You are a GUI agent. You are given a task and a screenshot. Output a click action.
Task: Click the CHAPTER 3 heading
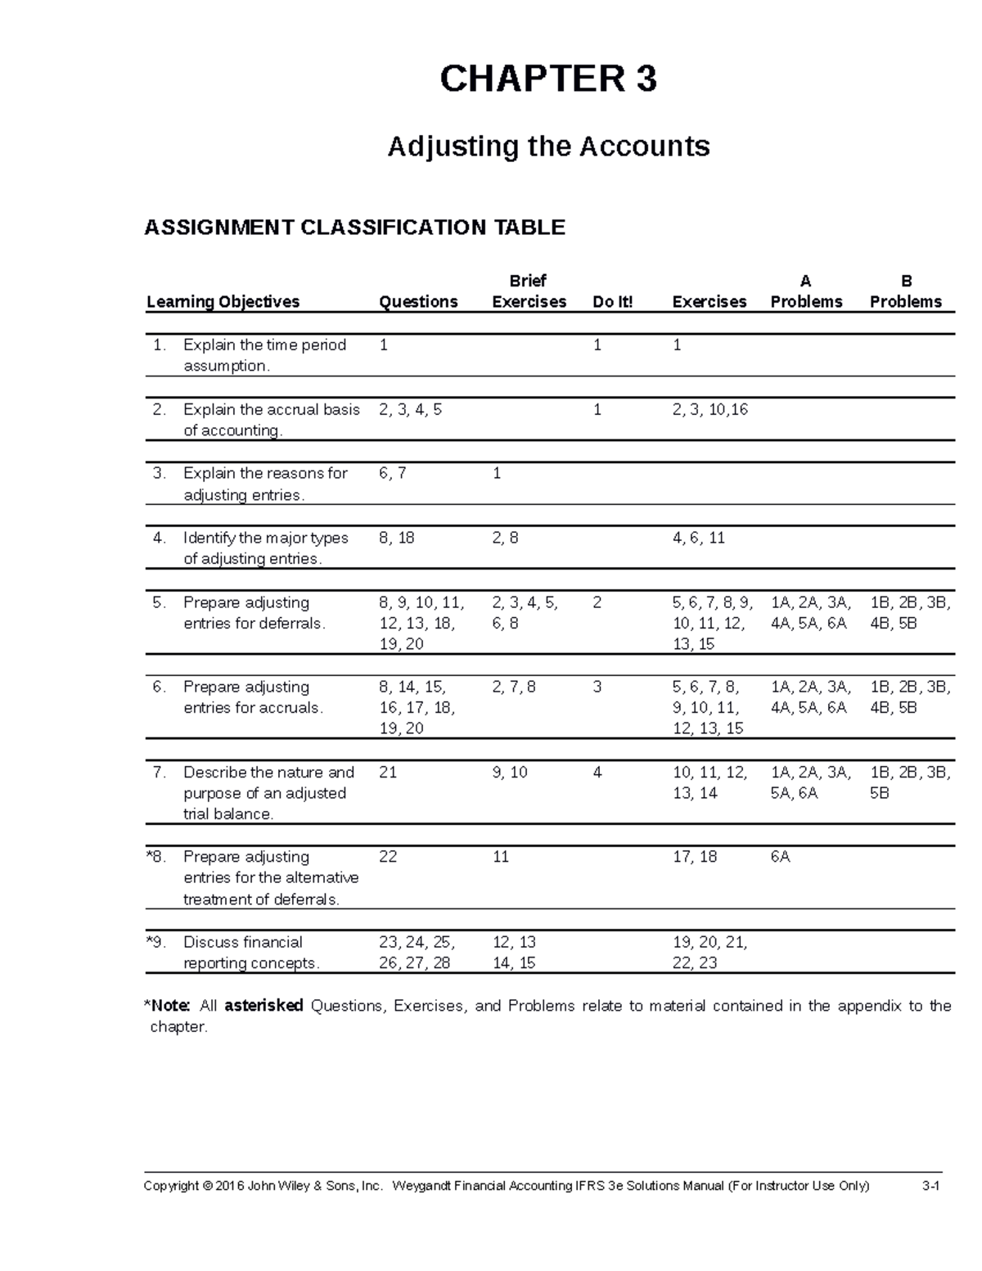coord(547,79)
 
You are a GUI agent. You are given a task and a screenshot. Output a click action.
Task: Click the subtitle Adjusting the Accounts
coord(547,146)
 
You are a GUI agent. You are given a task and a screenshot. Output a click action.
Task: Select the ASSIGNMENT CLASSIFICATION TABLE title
coord(354,227)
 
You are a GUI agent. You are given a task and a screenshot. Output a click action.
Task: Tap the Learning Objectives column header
coord(223,301)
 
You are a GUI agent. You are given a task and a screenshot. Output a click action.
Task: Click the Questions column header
coord(417,301)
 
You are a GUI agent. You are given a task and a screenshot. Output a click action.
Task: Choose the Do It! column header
coord(612,301)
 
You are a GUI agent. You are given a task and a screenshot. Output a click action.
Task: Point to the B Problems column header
coord(905,292)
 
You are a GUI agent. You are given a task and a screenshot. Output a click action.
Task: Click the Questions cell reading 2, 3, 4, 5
coord(410,409)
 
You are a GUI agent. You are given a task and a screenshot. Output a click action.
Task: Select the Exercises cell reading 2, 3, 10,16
coord(709,409)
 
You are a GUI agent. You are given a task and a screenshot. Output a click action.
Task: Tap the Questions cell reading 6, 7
coord(393,473)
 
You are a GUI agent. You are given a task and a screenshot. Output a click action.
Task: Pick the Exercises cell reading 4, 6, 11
coord(698,538)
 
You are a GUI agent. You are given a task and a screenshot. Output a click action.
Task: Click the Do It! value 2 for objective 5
coord(597,602)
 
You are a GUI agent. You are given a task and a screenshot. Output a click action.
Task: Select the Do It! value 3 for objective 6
coord(597,687)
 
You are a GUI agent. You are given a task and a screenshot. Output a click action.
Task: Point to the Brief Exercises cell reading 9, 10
coord(510,772)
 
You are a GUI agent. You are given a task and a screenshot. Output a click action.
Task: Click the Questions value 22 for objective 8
coord(388,857)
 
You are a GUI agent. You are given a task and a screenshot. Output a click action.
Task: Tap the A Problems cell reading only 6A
coord(780,857)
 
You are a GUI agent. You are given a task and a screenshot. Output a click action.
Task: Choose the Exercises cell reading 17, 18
coord(694,857)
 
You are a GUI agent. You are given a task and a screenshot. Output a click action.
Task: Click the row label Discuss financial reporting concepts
coord(250,953)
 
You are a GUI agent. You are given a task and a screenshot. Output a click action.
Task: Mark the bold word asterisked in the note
coord(264,1006)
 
